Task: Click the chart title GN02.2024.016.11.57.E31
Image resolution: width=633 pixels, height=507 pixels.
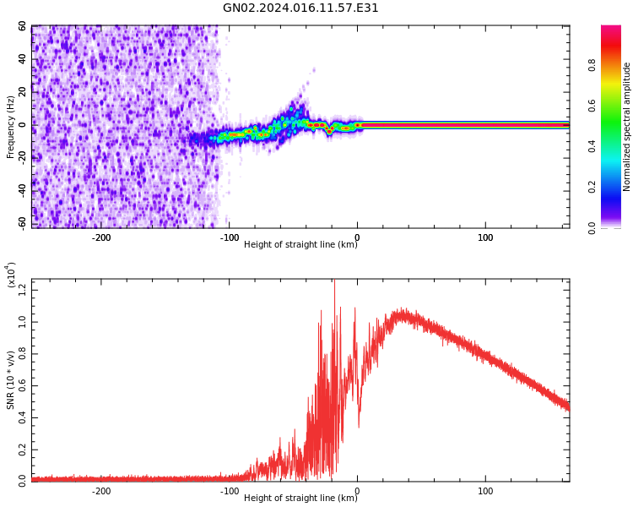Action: click(300, 8)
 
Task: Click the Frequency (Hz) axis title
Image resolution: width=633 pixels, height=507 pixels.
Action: click(11, 127)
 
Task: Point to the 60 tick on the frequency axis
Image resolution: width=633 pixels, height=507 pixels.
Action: click(22, 27)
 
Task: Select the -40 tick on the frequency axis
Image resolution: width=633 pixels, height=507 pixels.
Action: click(20, 191)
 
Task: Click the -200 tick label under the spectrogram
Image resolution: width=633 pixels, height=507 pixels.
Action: click(100, 237)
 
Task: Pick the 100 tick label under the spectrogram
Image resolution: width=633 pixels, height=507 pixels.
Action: click(485, 237)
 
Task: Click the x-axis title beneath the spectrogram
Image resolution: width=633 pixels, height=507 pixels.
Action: click(300, 245)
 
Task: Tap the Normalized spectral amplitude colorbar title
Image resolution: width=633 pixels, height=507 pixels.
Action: click(627, 127)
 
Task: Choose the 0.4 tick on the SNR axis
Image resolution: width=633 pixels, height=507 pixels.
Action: click(22, 417)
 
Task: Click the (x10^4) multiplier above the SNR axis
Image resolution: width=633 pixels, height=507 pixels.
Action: click(12, 275)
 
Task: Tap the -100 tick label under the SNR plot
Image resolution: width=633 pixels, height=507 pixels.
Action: click(229, 491)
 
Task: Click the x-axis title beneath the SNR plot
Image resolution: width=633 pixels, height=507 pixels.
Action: click(300, 499)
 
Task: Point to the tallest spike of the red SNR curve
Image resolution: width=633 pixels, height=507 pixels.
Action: click(334, 281)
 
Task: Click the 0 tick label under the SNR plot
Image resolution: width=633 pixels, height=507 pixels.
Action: click(357, 491)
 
